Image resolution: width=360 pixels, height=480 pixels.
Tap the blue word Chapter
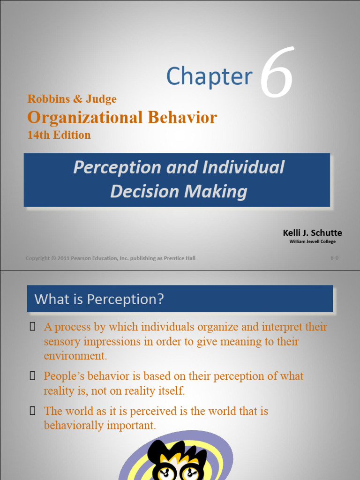(x=209, y=76)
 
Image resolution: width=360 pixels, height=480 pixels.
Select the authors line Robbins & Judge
(x=72, y=99)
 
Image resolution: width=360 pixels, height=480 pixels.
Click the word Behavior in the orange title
(x=182, y=117)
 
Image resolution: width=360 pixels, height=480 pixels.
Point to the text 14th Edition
(x=59, y=135)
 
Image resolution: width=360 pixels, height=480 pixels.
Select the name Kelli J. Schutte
(x=312, y=233)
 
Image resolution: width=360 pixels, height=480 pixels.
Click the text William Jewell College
(x=312, y=241)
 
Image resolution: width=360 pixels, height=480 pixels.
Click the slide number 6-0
(x=334, y=258)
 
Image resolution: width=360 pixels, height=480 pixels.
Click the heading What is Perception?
(x=99, y=299)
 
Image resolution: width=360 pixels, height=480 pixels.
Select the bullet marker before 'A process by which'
(x=32, y=327)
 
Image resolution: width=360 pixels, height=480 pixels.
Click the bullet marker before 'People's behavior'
(x=32, y=376)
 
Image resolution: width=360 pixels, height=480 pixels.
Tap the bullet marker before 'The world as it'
(x=32, y=411)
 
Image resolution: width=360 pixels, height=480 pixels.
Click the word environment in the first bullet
(x=75, y=356)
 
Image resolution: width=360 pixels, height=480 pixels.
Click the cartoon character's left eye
(x=165, y=472)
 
